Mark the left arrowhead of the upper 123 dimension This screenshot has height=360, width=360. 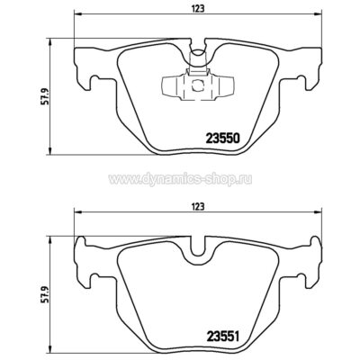pyautogui.click(x=76, y=15)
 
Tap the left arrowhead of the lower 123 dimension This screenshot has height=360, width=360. pyautogui.click(x=76, y=213)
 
